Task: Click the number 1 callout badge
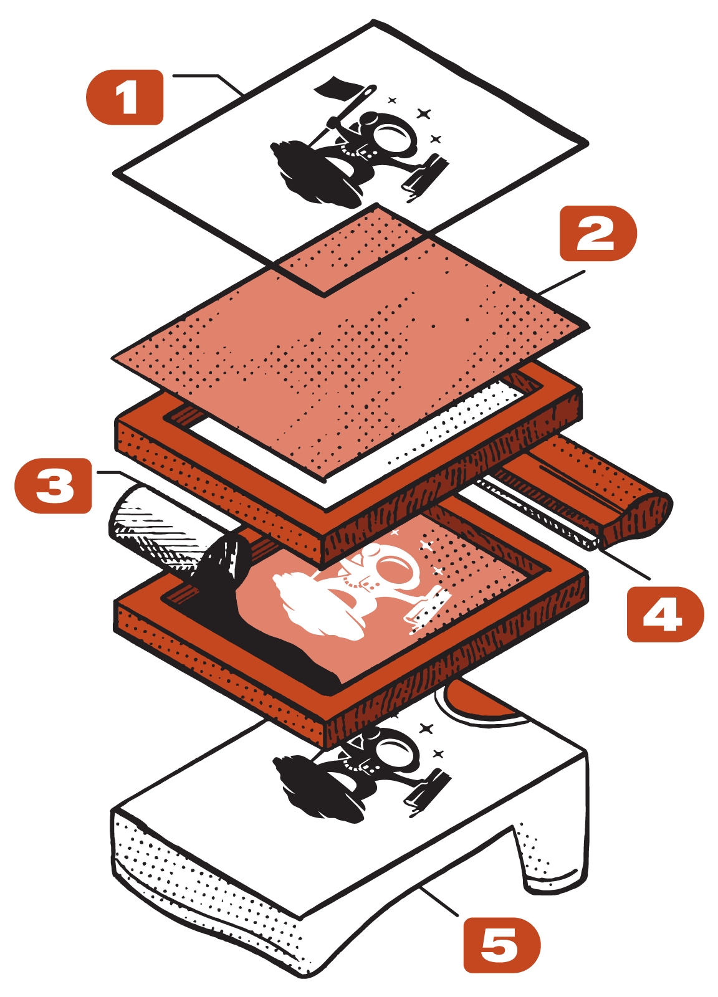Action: [x=125, y=97]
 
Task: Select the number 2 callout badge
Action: [x=597, y=234]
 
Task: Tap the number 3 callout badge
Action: [x=54, y=486]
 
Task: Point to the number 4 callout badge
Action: [x=664, y=614]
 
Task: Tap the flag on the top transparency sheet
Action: [x=333, y=88]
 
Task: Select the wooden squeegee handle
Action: [x=636, y=517]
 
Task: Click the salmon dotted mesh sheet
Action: [x=349, y=349]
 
